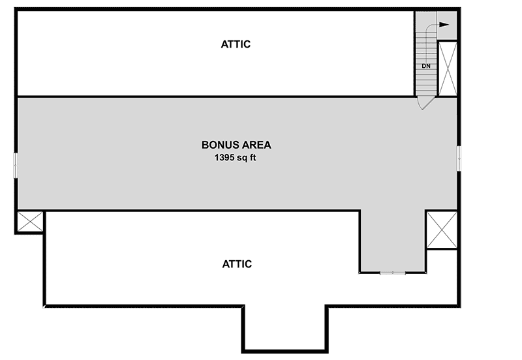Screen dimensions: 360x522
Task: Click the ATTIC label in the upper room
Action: (236, 44)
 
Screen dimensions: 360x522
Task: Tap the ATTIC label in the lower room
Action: (237, 264)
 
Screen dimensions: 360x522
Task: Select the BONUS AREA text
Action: (236, 145)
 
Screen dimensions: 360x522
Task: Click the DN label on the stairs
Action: (426, 66)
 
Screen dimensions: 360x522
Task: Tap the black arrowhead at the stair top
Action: (445, 25)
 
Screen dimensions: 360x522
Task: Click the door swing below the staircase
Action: (425, 102)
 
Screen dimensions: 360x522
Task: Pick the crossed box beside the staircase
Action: (448, 68)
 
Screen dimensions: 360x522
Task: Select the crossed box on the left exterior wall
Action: (29, 222)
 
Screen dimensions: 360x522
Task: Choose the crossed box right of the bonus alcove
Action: (442, 229)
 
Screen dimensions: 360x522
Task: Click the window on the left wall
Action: (15, 164)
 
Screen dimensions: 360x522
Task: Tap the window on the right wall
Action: (459, 158)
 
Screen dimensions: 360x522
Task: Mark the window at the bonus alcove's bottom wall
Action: (393, 273)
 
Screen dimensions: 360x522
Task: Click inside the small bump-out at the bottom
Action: (284, 329)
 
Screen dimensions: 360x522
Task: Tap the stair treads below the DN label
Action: (425, 82)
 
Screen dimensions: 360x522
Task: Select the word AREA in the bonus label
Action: (256, 145)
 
